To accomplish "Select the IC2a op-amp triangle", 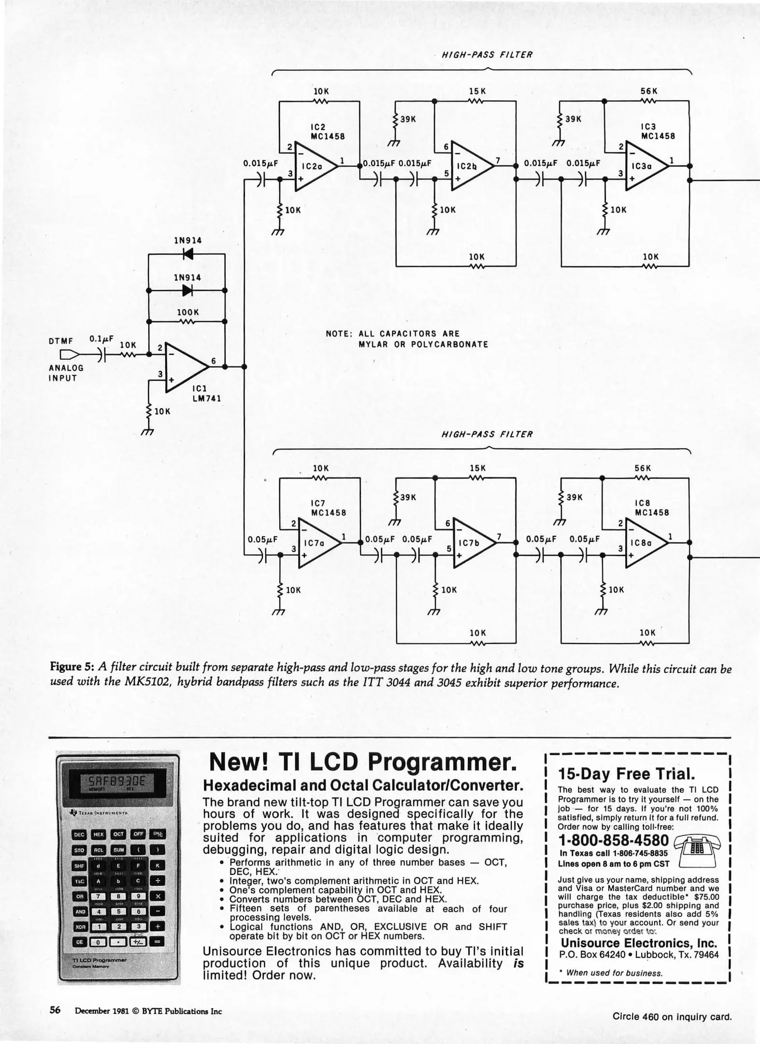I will coord(314,166).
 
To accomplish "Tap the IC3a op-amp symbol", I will coord(645,166).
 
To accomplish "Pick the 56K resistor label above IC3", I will coord(649,91).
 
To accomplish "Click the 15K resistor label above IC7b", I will coord(477,468).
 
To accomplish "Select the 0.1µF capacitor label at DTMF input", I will coord(101,339).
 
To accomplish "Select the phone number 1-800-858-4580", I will coord(613,841).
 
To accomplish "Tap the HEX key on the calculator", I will coord(99,834).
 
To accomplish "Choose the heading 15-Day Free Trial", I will coord(626,774).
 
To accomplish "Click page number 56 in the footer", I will coord(55,1010).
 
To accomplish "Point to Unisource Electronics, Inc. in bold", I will coord(639,942).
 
